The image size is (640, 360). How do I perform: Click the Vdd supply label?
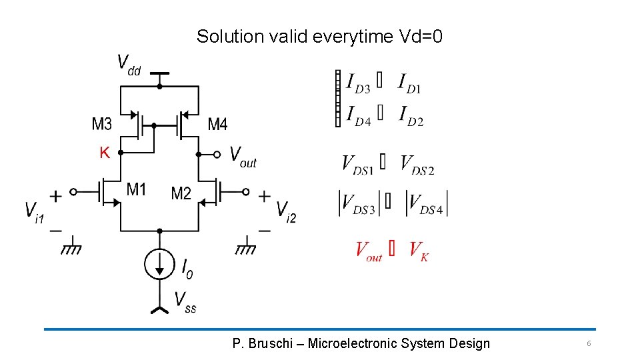129,65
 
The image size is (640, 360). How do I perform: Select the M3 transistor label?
102,124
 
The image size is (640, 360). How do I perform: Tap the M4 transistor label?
217,124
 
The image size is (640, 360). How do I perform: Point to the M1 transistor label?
136,190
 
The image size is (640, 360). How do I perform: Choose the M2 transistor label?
181,193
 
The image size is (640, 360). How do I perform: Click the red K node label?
104,153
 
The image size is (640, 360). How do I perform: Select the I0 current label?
187,268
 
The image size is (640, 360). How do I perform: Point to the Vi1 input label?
34,213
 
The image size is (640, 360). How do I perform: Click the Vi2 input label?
286,212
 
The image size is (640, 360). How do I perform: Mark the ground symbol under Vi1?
71,249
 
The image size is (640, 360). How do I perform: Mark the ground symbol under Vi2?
246,249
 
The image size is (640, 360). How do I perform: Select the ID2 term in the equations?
411,116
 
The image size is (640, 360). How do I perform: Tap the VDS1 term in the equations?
357,165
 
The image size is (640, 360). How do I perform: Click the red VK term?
419,251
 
